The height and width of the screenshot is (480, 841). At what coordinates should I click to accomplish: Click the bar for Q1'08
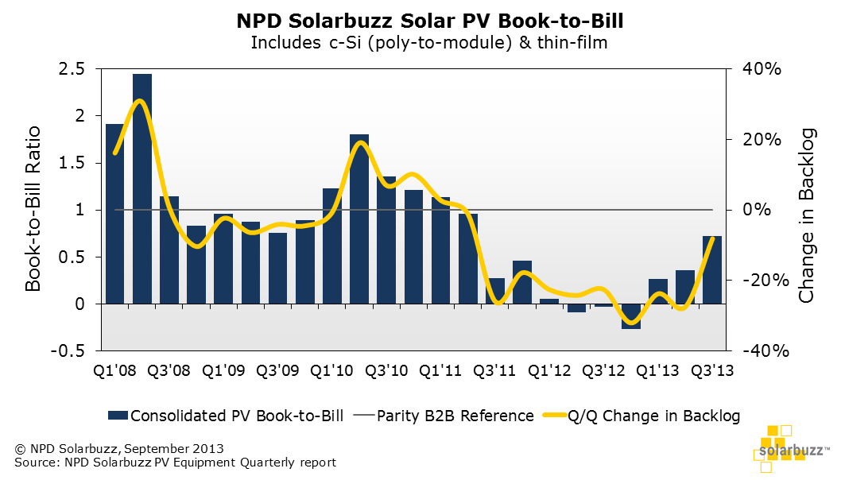(115, 214)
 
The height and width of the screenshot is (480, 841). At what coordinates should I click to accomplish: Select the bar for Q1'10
(332, 246)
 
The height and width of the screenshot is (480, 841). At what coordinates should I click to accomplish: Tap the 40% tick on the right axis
(762, 70)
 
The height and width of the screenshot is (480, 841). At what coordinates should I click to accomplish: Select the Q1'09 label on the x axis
(224, 370)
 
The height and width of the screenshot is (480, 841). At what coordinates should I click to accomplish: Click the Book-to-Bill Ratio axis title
(34, 211)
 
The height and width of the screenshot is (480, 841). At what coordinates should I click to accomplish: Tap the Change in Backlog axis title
(808, 215)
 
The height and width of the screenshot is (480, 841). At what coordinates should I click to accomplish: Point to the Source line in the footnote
(175, 463)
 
